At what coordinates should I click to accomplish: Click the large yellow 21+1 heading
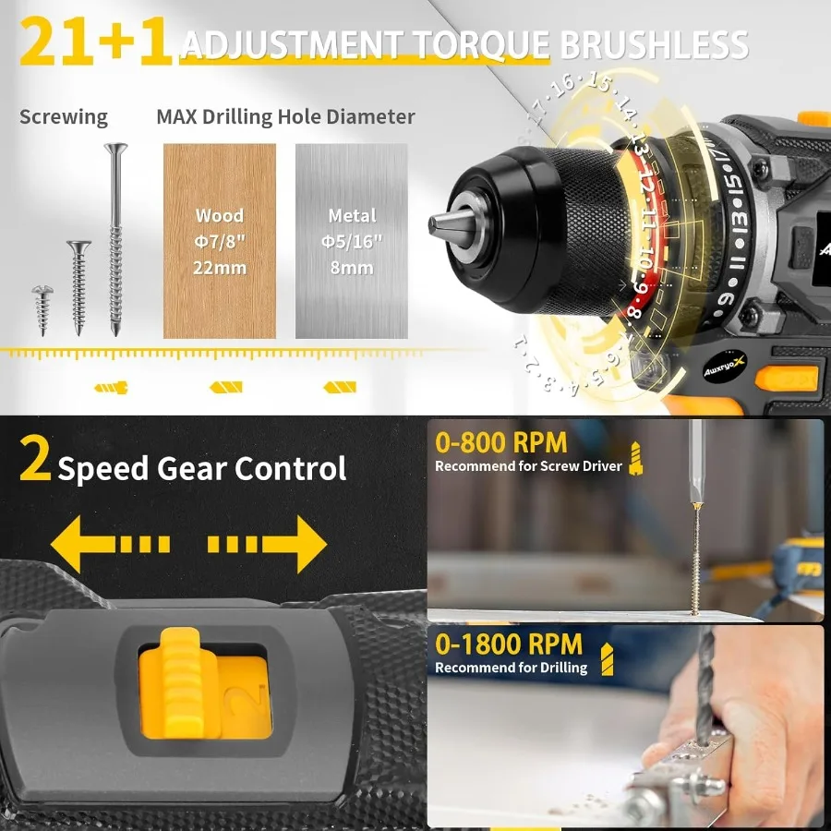coord(95,43)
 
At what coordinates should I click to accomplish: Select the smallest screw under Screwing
coord(42,307)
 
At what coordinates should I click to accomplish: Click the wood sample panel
coord(219,240)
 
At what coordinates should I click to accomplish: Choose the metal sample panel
coord(351,240)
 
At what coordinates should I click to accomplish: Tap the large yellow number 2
coord(35,462)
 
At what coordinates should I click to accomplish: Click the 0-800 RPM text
coord(500,442)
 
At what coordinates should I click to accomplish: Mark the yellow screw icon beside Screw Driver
coord(635,458)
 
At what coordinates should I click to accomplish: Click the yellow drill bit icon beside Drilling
coord(606,658)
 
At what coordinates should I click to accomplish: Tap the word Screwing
coord(64,117)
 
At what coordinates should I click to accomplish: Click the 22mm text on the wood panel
coord(219,268)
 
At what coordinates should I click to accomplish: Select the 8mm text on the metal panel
coord(351,268)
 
